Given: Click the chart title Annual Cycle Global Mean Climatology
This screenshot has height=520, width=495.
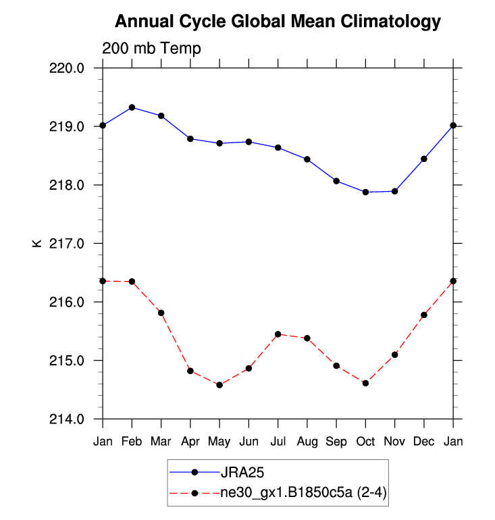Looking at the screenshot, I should pos(278,22).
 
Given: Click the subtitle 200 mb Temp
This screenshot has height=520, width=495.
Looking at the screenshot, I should pos(151,49).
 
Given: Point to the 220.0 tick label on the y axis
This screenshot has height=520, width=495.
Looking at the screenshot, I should pos(69,68).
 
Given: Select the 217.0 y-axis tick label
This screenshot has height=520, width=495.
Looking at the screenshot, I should pos(69,243).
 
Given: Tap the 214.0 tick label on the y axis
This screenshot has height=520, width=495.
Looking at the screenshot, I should pos(69,419).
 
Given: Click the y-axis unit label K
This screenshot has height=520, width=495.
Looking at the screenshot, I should pos(37,243).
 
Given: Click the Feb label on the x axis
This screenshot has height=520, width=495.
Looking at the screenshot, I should pos(132,442).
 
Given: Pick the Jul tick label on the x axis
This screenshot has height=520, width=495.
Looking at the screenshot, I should pos(278,442).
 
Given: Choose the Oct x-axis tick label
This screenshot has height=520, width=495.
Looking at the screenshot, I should pos(365,442).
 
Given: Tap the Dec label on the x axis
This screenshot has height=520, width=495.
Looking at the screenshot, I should pos(424,442).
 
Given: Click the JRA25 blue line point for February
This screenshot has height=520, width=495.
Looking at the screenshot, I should pos(132,107).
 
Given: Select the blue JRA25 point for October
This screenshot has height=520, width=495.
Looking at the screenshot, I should pos(365,192).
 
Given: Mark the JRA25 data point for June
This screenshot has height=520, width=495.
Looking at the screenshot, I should pos(249,142).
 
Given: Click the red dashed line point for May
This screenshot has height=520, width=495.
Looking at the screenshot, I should pos(219,385).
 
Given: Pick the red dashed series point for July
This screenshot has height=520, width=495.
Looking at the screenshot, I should pos(278,334).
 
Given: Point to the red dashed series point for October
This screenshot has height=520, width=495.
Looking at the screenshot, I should pos(365,383).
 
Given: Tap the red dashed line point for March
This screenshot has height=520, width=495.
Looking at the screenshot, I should pos(161,313).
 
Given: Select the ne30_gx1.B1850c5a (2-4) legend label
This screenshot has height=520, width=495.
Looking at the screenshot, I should pos(303,494).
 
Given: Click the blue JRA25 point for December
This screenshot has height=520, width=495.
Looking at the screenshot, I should pos(424,159).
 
